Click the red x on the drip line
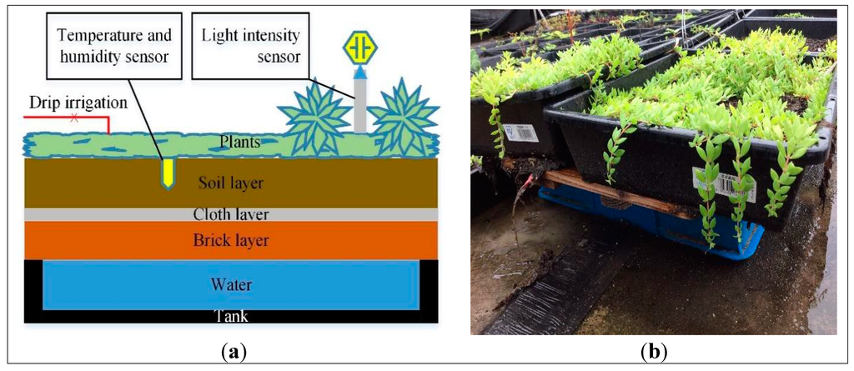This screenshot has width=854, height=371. [x=74, y=118]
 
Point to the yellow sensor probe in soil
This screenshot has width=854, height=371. [x=168, y=171]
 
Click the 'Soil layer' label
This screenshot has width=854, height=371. [x=230, y=181]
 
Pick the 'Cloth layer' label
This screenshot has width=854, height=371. [x=231, y=214]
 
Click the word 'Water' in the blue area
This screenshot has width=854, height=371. [x=230, y=285]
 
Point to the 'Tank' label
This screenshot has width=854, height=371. [x=230, y=316]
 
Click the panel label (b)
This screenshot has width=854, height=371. [x=653, y=352]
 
